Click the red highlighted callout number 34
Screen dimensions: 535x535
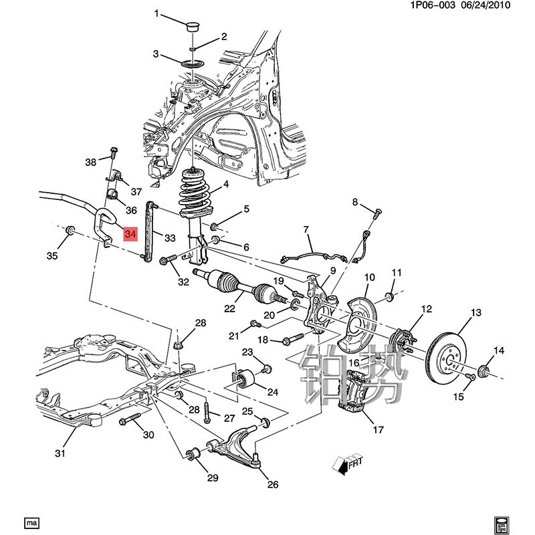[130, 234]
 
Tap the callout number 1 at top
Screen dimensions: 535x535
[157, 13]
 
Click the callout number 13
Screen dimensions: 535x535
[476, 313]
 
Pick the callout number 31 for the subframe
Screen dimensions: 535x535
[60, 454]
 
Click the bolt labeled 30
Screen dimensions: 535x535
[130, 421]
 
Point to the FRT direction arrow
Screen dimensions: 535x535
[346, 463]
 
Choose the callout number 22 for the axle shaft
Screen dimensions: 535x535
[230, 308]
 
